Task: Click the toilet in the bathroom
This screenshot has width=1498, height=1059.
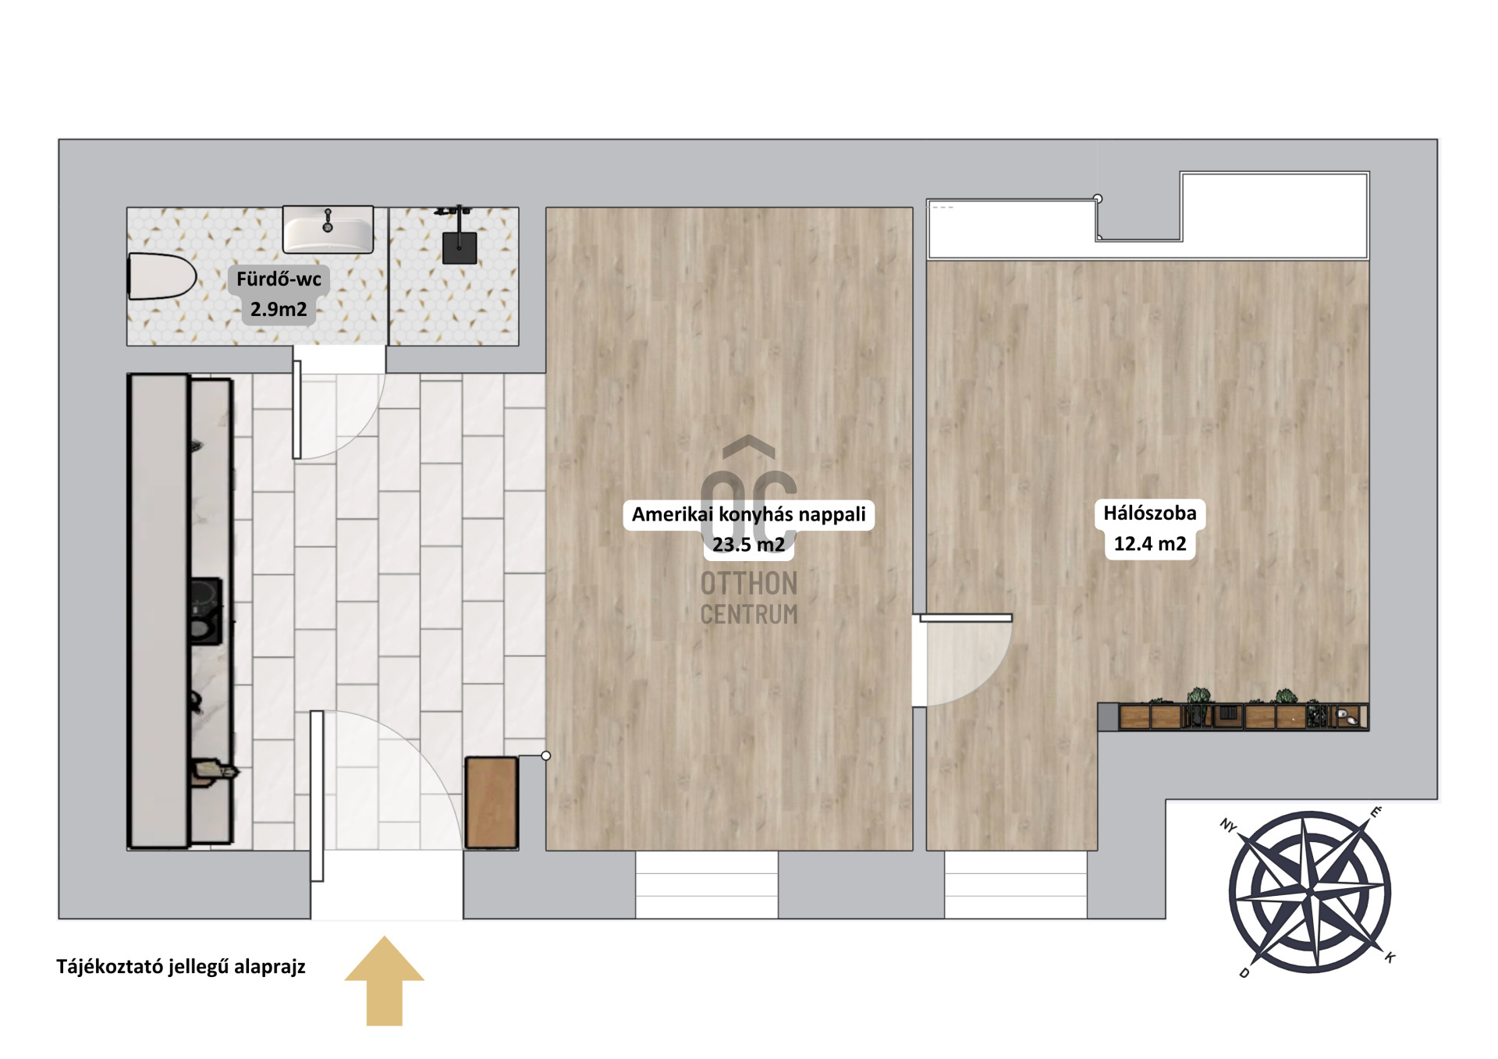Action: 162,276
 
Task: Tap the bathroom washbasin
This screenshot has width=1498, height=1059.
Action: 328,229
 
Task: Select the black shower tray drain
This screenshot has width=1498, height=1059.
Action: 460,247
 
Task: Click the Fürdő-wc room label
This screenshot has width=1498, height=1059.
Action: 279,279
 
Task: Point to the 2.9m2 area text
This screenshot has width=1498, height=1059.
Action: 279,309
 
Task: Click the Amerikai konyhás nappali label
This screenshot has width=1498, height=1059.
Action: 749,514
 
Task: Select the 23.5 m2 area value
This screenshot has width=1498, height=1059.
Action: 749,545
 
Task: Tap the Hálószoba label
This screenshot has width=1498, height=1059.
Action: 1150,513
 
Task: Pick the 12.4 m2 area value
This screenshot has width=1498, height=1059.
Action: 1150,544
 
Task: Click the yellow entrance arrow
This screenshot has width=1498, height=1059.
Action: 385,980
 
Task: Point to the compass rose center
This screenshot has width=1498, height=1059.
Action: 1310,892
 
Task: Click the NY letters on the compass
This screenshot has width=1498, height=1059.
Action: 1229,825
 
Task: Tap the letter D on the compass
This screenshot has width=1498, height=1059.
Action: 1244,972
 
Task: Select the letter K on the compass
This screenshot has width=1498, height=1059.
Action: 1390,957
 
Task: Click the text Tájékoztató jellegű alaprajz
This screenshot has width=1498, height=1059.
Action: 181,967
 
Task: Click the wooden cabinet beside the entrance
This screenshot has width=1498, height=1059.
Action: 492,802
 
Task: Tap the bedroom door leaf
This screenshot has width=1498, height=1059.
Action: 966,618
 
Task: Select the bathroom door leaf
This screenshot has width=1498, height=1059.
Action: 296,409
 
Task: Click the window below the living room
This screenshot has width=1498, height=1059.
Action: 707,884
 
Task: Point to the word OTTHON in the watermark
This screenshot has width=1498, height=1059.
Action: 749,584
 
